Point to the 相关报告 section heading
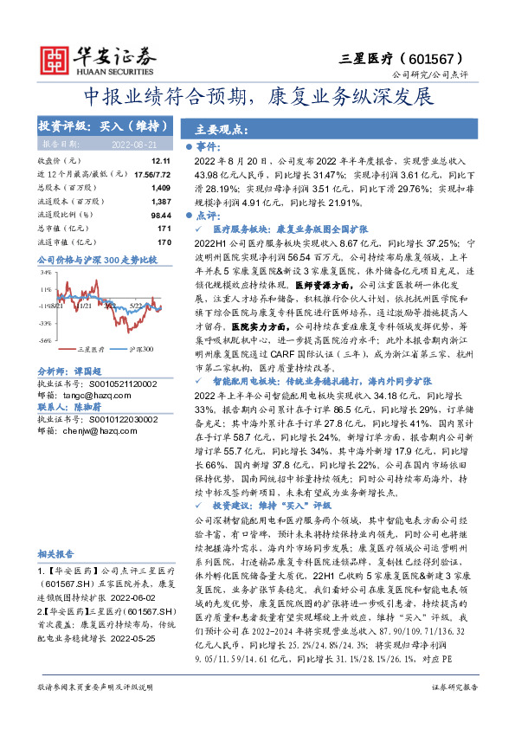tap(59, 553)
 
